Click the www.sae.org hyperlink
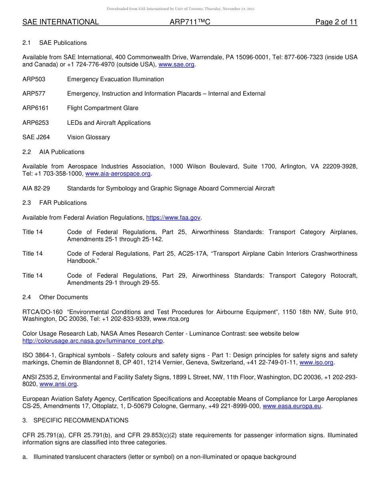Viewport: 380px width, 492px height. (x=177, y=64)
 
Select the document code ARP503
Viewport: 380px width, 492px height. (x=34, y=79)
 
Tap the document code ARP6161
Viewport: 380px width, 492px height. (x=35, y=108)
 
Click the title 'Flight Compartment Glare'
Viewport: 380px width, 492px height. (x=102, y=108)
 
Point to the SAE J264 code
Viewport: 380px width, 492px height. (x=36, y=137)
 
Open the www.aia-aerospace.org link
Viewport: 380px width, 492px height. (x=118, y=174)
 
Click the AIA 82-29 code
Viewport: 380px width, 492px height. (x=36, y=188)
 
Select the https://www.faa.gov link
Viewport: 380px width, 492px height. (x=173, y=218)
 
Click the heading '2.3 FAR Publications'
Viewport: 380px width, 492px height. (x=54, y=203)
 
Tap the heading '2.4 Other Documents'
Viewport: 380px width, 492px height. (x=55, y=297)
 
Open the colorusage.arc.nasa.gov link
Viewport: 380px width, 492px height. (x=93, y=341)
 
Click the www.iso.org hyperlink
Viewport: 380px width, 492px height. (x=316, y=362)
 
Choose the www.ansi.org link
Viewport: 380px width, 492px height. (x=58, y=384)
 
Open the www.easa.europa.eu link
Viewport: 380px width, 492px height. (x=292, y=406)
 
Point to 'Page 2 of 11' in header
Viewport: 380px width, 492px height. (x=336, y=22)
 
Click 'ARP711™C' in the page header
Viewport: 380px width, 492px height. (x=190, y=22)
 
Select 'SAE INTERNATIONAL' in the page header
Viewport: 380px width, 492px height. (x=60, y=22)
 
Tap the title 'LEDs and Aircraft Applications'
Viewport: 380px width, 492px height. (x=109, y=123)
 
